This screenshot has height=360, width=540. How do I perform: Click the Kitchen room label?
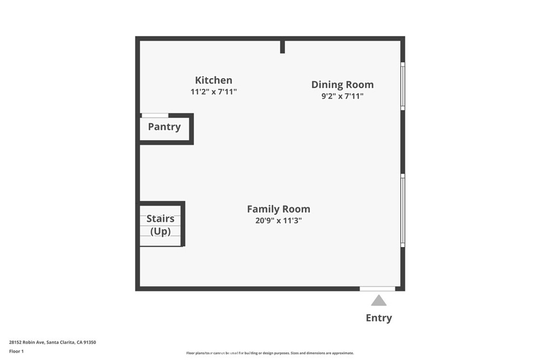pyautogui.click(x=214, y=80)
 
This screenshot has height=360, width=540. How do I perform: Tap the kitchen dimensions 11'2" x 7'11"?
pyautogui.click(x=214, y=92)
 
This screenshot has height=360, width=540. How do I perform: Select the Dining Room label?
pyautogui.click(x=342, y=85)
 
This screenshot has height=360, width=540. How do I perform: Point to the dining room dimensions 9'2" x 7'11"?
pyautogui.click(x=342, y=96)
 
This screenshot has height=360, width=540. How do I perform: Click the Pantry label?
pyautogui.click(x=165, y=127)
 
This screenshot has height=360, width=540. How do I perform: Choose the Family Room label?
pyautogui.click(x=278, y=209)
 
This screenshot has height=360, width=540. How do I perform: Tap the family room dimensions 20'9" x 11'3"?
pyautogui.click(x=278, y=220)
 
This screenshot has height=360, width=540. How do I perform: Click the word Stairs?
pyautogui.click(x=160, y=219)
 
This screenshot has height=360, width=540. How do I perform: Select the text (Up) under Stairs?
pyautogui.click(x=160, y=231)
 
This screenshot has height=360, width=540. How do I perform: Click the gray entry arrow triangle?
pyautogui.click(x=379, y=300)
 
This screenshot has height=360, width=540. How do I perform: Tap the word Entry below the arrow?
pyautogui.click(x=379, y=318)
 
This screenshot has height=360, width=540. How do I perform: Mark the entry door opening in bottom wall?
pyautogui.click(x=378, y=289)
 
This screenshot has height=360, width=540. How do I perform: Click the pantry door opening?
pyautogui.click(x=155, y=115)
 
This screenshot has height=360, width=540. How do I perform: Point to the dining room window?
pyautogui.click(x=402, y=86)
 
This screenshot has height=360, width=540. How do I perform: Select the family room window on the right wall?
pyautogui.click(x=402, y=211)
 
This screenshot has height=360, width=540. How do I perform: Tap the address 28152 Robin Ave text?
pyautogui.click(x=27, y=343)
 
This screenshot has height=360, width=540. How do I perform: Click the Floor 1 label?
pyautogui.click(x=16, y=352)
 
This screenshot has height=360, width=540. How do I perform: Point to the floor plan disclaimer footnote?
pyautogui.click(x=270, y=353)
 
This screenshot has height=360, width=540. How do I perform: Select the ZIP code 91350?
pyautogui.click(x=90, y=343)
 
